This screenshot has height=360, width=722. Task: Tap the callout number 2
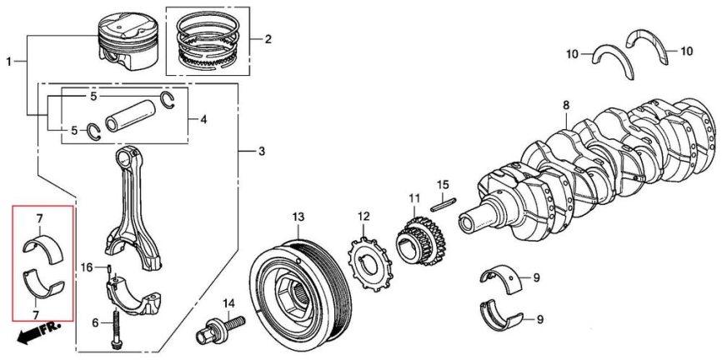(x=268, y=39)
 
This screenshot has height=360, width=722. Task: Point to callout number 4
(x=203, y=118)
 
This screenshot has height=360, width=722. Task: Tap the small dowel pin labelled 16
(x=110, y=267)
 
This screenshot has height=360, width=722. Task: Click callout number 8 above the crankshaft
(x=566, y=105)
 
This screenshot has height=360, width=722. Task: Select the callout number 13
(x=298, y=218)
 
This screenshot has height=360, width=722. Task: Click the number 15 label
(x=443, y=184)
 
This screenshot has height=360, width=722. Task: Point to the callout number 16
(x=88, y=267)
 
